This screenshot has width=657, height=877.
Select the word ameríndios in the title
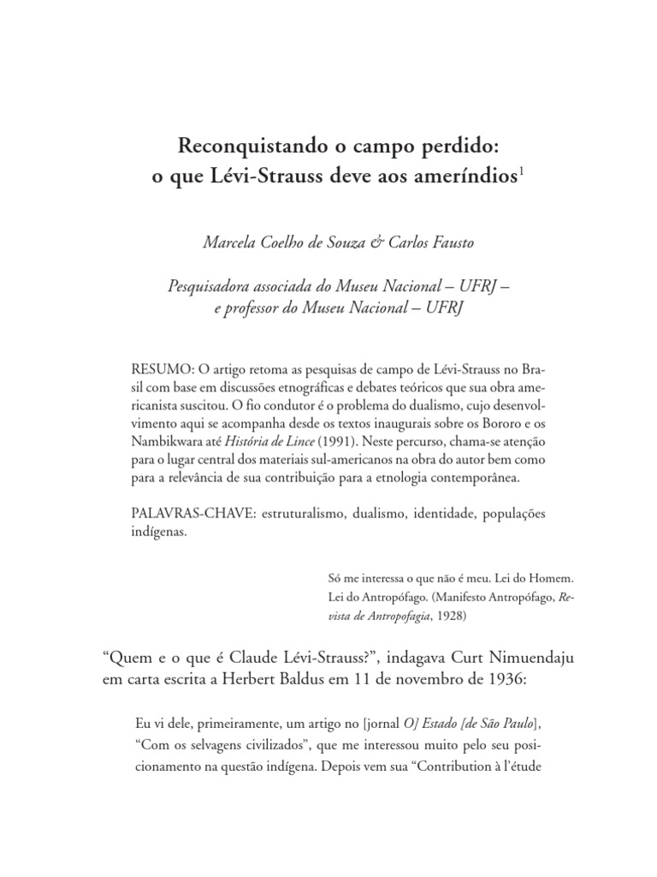(469, 177)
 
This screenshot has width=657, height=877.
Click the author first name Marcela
(228, 244)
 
